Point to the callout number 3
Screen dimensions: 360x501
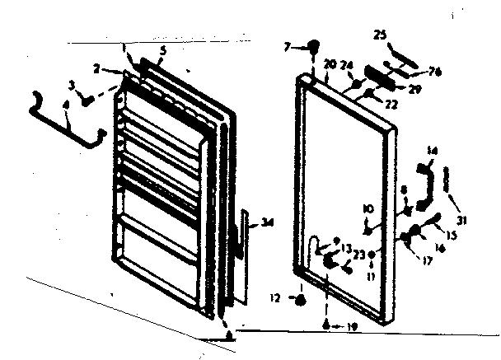pos(72,85)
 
